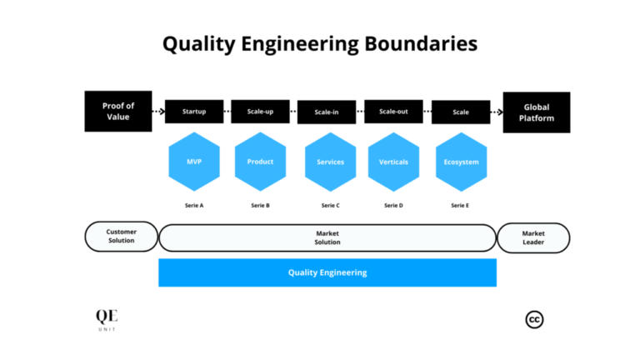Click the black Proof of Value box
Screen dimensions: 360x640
[x=118, y=112]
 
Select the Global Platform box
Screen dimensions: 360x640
[x=537, y=112]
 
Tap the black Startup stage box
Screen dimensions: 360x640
[x=194, y=112]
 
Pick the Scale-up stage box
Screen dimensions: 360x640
[x=260, y=112]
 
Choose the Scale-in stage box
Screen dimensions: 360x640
[x=327, y=112]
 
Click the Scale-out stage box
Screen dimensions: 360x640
[x=393, y=112]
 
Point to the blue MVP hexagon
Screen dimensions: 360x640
[x=194, y=162]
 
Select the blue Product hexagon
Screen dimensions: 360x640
[x=260, y=162]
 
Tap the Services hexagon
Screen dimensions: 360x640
[x=331, y=162]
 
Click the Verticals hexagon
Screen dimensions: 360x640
[x=393, y=162]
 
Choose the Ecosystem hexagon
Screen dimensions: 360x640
[x=461, y=162]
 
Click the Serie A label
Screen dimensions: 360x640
[x=194, y=205]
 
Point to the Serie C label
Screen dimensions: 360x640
[x=331, y=205]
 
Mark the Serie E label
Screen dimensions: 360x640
[x=460, y=205]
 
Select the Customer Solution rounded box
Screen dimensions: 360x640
[x=122, y=237]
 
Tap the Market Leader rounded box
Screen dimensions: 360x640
[x=533, y=237]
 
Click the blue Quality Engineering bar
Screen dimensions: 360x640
[x=327, y=272]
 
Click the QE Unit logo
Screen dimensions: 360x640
[x=107, y=320]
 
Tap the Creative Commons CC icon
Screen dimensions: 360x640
[x=534, y=319]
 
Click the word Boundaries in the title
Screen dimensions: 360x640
[x=422, y=43]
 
